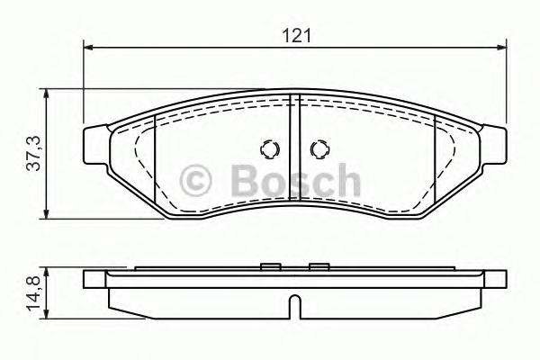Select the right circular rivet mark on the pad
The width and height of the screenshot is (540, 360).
tap(318, 149)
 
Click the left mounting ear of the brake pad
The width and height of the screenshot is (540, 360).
tap(97, 144)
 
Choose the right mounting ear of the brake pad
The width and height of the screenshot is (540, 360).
tap(497, 144)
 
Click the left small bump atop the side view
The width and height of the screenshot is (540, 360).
tap(268, 265)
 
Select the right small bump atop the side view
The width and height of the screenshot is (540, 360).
tap(317, 265)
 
